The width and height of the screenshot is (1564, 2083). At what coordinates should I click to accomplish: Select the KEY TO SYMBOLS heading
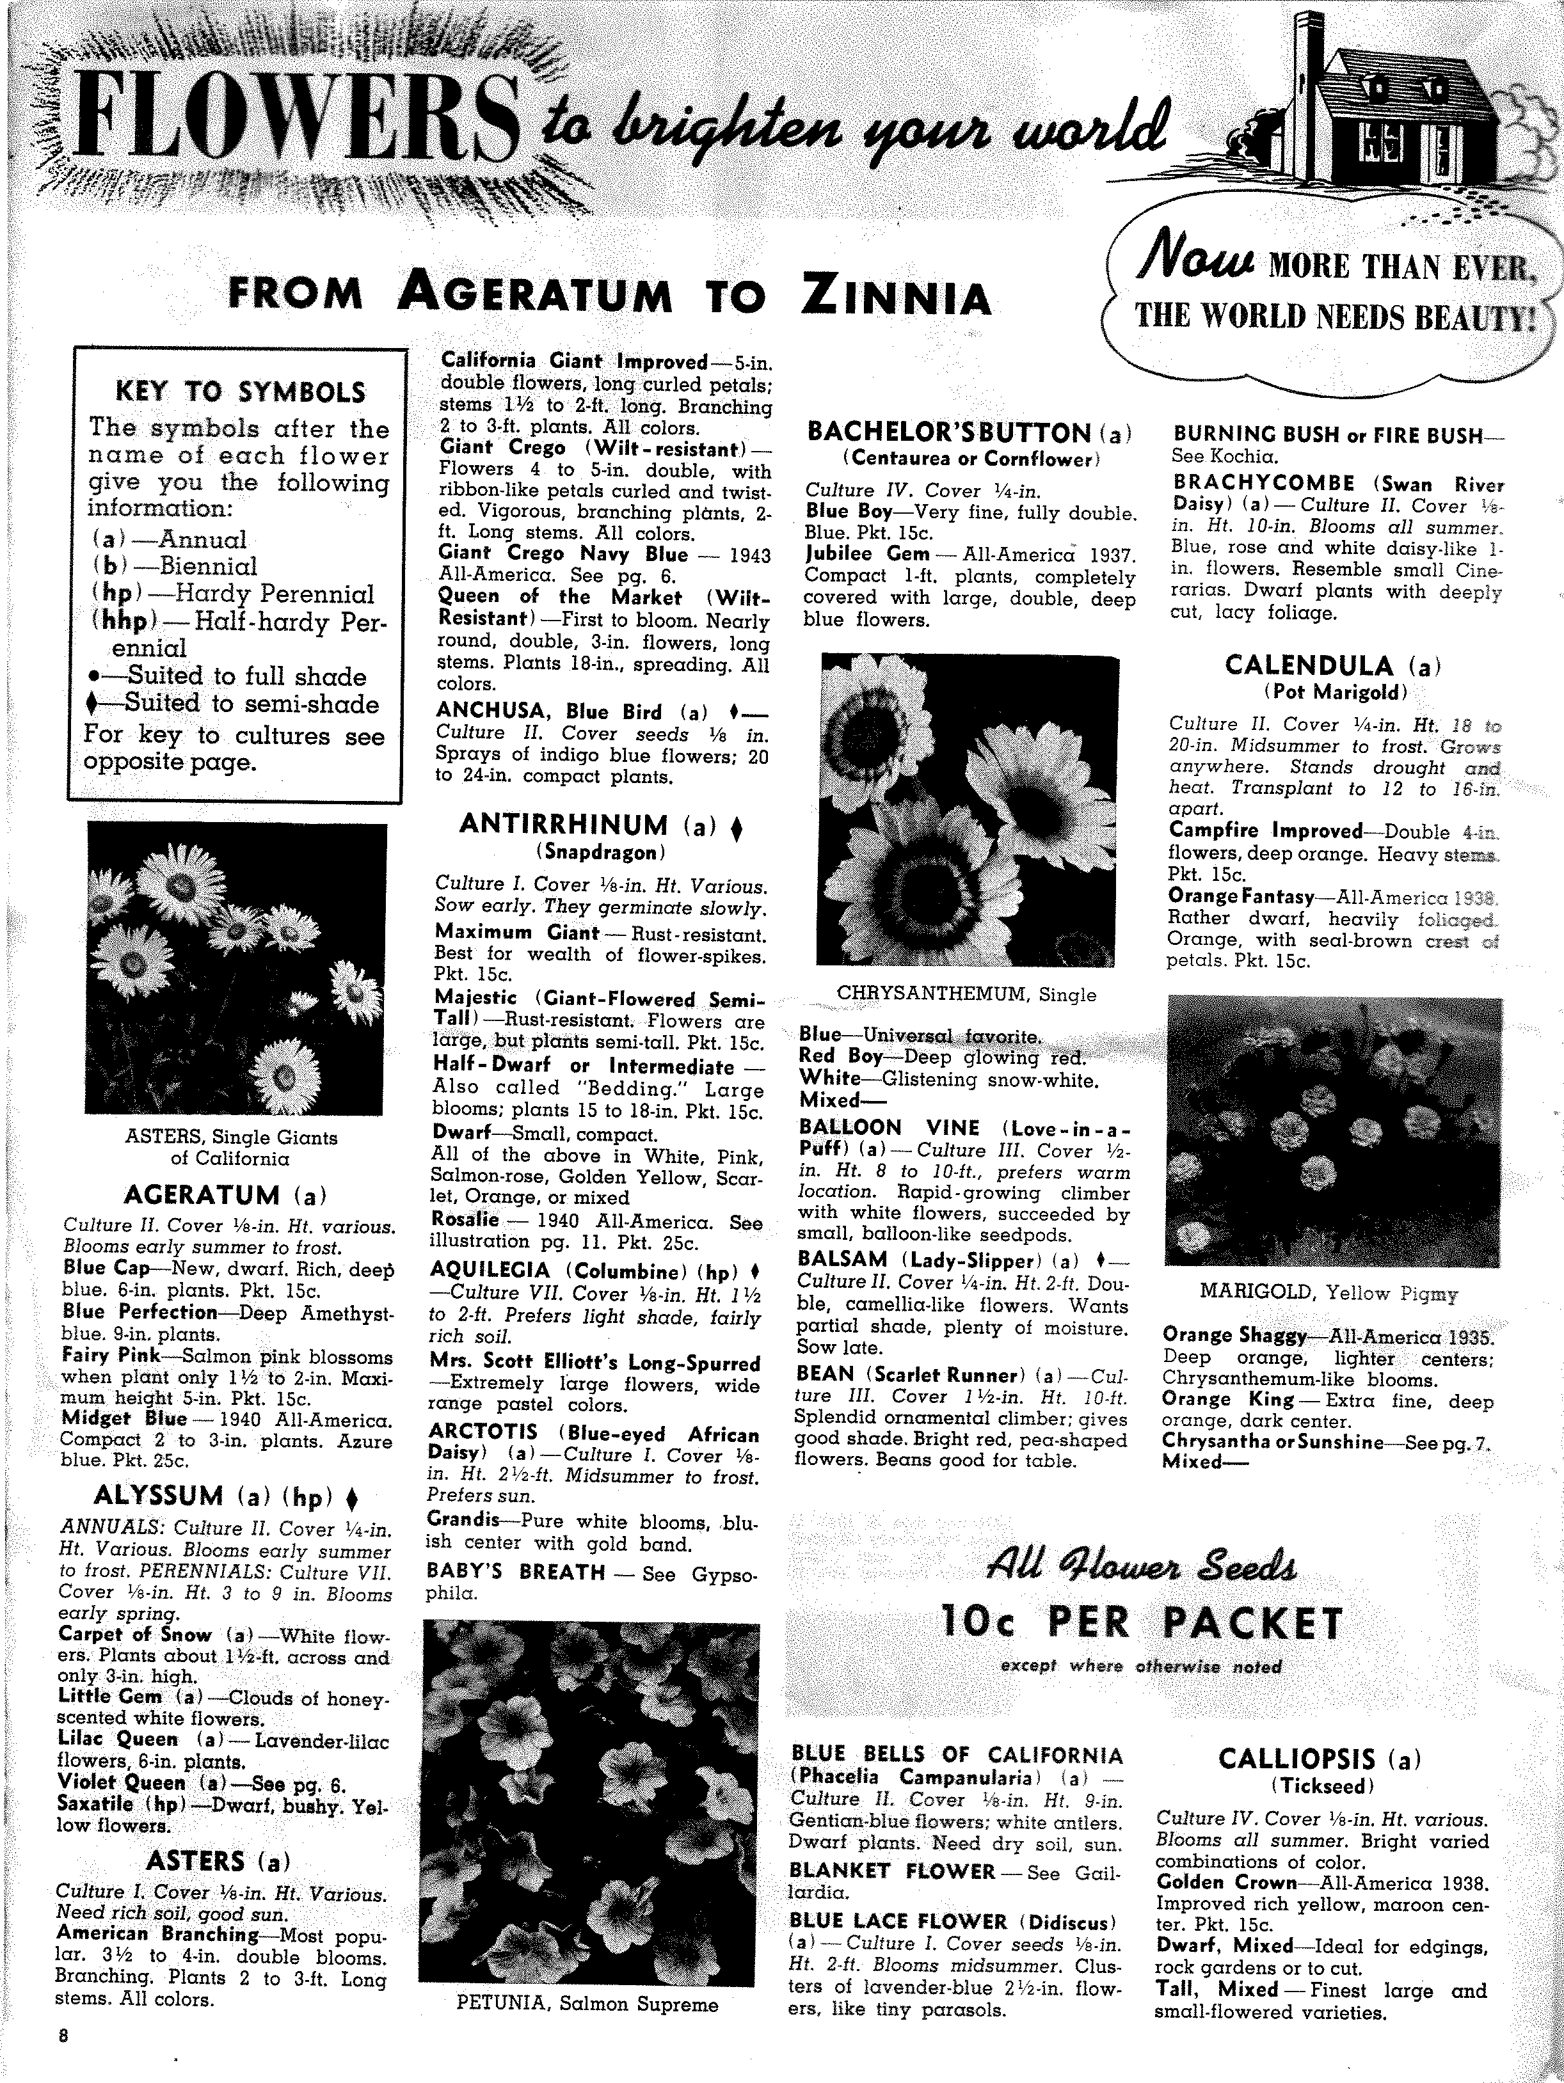(x=239, y=391)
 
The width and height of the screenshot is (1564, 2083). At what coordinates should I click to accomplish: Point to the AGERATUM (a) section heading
(x=225, y=1195)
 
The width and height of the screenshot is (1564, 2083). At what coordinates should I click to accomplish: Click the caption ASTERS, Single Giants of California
(x=231, y=1147)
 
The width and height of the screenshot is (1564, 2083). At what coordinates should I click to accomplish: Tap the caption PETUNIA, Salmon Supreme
(x=587, y=2004)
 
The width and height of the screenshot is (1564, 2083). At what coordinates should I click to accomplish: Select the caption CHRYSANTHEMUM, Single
(x=967, y=994)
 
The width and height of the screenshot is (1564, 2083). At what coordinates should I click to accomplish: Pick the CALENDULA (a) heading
(x=1333, y=666)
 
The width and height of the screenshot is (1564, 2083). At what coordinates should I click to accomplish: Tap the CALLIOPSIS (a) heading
(x=1319, y=1758)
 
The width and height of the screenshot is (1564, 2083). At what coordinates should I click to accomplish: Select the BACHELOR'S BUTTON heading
(x=969, y=433)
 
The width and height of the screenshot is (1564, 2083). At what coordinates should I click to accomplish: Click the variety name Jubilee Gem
(x=867, y=554)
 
